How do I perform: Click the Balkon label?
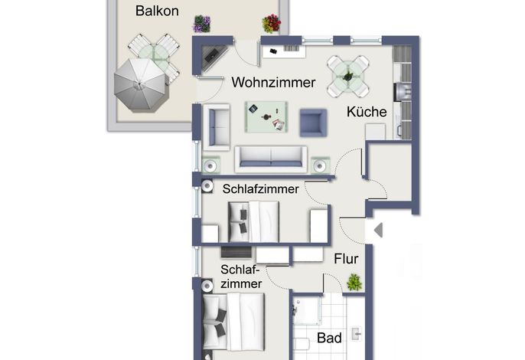pyautogui.click(x=157, y=11)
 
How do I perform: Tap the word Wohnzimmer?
pyautogui.click(x=273, y=83)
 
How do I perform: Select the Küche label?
pyautogui.click(x=367, y=112)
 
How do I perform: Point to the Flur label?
pyautogui.click(x=346, y=259)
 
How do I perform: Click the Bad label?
pyautogui.click(x=329, y=338)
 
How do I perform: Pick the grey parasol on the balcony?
pyautogui.click(x=139, y=85)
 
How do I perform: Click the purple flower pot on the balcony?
pyautogui.click(x=202, y=25)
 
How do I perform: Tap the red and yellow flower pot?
pyautogui.click(x=271, y=24)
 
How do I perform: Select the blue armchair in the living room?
pyautogui.click(x=313, y=123)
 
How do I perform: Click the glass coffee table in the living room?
pyautogui.click(x=266, y=117)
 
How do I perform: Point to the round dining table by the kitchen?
pyautogui.click(x=348, y=77)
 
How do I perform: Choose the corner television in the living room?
pyautogui.click(x=214, y=57)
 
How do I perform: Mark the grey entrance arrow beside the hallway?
pyautogui.click(x=378, y=231)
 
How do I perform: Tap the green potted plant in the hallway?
pyautogui.click(x=354, y=282)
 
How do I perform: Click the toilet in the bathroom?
pyautogui.click(x=302, y=345)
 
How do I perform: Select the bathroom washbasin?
pyautogui.click(x=357, y=334)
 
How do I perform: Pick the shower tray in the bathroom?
pyautogui.click(x=308, y=311)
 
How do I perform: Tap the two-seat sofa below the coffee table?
pyautogui.click(x=271, y=159)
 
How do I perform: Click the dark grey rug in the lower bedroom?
pyautogui.click(x=236, y=253)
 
